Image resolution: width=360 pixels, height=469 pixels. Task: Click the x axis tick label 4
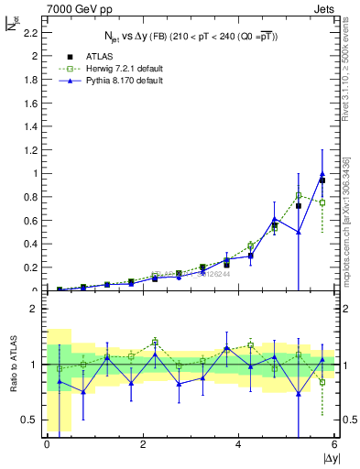point(238,444)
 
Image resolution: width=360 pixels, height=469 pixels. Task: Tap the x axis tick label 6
point(334,444)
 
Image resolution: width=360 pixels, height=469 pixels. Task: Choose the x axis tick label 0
point(47,444)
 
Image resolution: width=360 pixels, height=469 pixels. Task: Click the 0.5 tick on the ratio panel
point(32,420)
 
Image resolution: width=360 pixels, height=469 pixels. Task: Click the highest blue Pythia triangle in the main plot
point(322,174)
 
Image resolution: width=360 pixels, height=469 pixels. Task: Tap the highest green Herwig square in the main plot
point(298,195)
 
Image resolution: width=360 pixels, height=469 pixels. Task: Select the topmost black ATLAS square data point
point(322,180)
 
